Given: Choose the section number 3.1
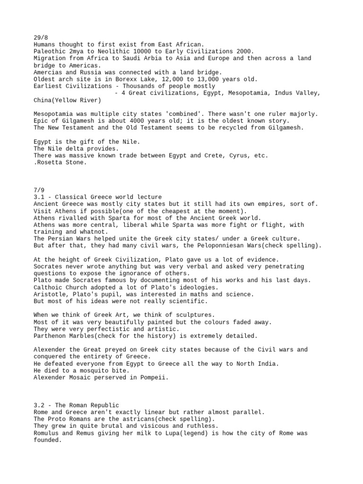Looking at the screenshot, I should tap(40, 197).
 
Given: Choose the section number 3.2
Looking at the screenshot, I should tap(40, 406).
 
